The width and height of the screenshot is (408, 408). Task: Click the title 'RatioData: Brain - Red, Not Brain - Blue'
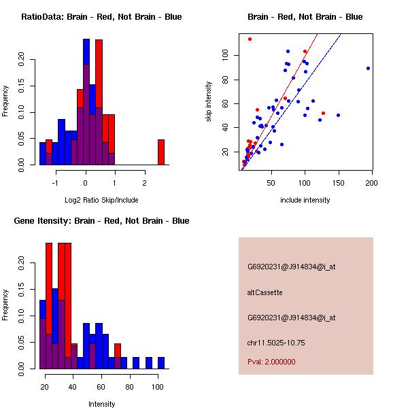(101, 17)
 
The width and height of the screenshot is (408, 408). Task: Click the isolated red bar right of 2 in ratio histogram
(161, 152)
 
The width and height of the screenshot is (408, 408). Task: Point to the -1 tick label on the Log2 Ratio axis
(56, 183)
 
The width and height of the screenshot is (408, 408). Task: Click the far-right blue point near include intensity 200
(368, 68)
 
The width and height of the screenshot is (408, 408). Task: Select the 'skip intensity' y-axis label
(209, 102)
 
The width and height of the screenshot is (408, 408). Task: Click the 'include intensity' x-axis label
(305, 200)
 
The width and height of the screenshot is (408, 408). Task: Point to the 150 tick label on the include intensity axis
(339, 183)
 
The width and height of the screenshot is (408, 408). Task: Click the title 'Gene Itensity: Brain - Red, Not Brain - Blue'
(101, 221)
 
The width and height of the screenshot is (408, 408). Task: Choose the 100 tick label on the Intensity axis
(157, 387)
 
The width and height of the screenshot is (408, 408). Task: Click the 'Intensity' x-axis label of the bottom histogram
(102, 404)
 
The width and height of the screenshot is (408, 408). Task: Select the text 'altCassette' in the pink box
(265, 292)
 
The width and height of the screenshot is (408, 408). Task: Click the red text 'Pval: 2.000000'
(271, 362)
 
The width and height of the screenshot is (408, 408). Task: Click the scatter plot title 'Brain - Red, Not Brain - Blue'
(305, 17)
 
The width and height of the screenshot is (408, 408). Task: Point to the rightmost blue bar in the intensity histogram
(161, 362)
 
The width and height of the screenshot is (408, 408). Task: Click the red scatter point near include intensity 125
(323, 113)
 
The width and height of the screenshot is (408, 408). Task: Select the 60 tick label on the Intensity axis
(101, 387)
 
